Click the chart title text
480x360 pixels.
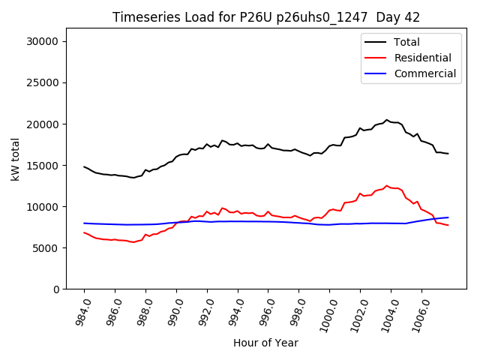(x=266, y=17)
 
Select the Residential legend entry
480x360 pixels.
(x=422, y=58)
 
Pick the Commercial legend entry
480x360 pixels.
(x=424, y=73)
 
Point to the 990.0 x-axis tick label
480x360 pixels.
(x=172, y=311)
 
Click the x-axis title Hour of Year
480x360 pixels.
(x=266, y=343)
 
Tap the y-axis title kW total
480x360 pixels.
(x=15, y=159)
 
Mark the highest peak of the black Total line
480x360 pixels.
(x=387, y=119)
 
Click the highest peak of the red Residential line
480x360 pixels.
(x=387, y=186)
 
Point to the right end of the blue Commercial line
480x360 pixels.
(x=448, y=217)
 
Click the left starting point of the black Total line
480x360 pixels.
(x=84, y=166)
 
